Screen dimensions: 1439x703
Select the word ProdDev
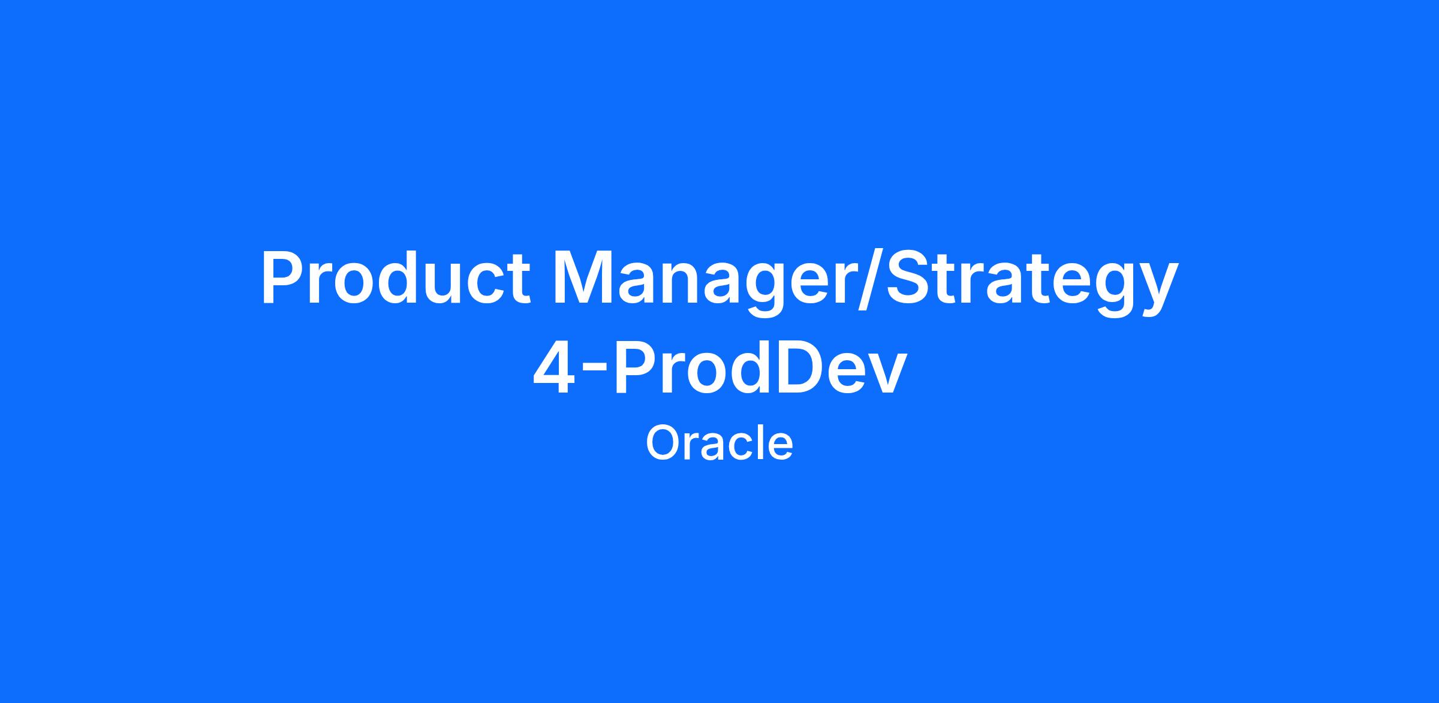coord(760,367)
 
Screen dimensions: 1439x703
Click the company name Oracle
coord(719,443)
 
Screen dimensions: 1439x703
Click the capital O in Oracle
coord(663,444)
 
